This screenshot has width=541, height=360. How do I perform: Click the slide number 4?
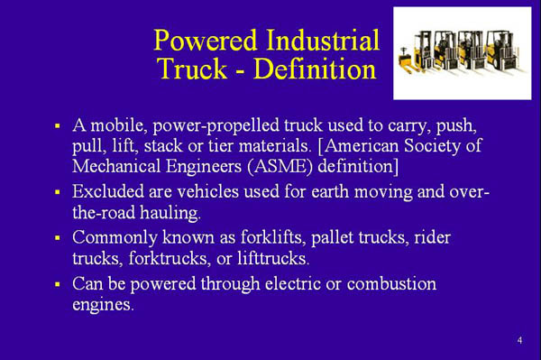[520, 340]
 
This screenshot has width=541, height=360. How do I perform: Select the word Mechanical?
[117, 167]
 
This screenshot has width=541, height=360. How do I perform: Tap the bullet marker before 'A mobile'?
[56, 122]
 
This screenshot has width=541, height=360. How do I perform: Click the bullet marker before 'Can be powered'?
[56, 285]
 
